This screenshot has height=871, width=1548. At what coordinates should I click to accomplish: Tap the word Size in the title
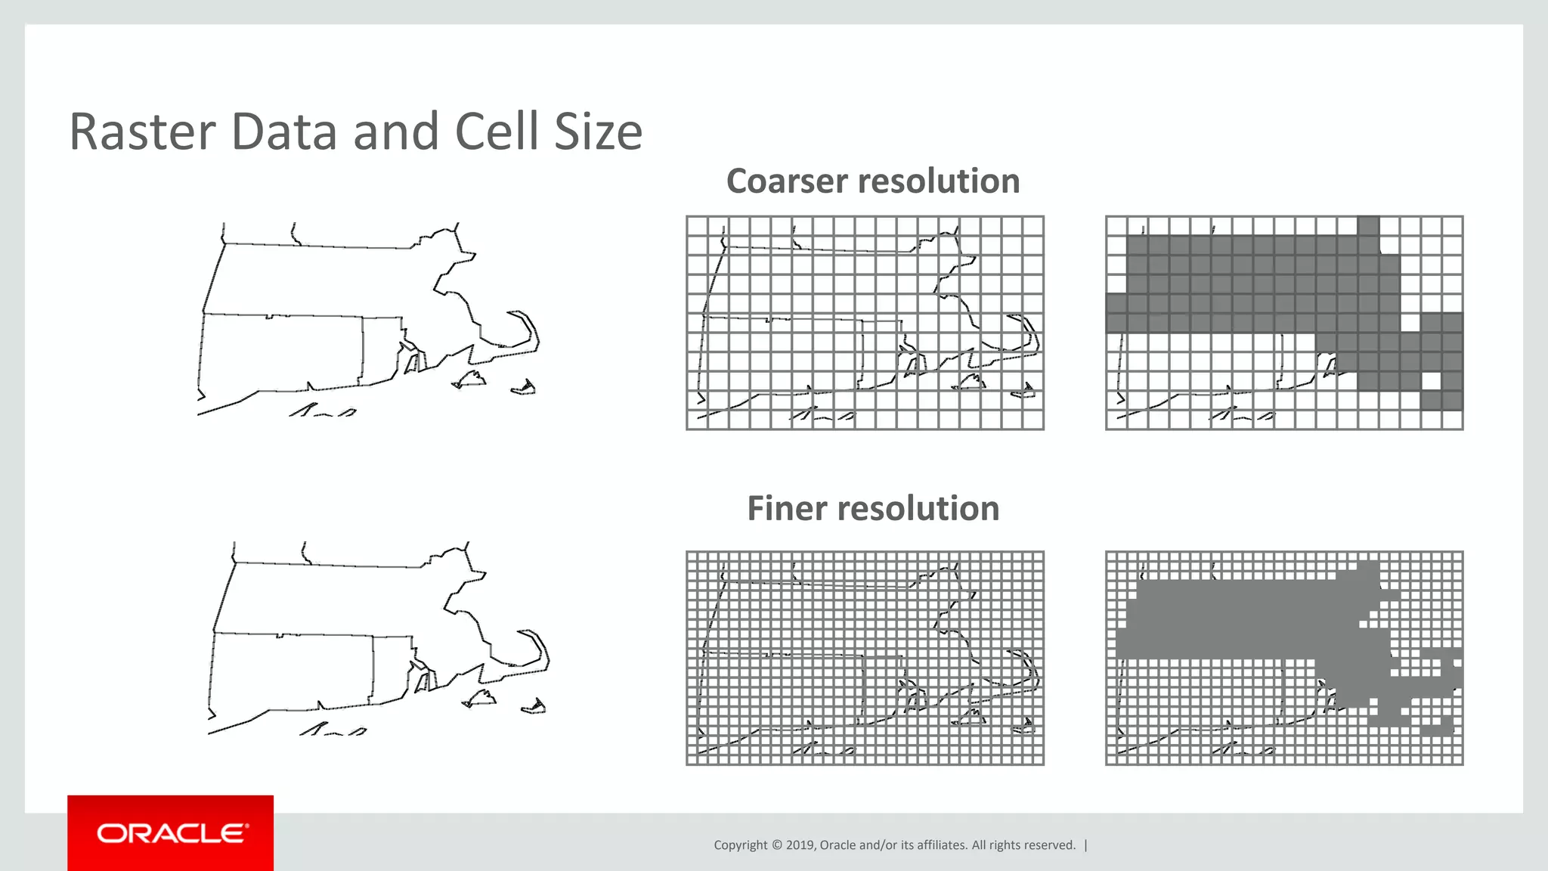[598, 132]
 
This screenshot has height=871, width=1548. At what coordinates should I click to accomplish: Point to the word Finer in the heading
[787, 509]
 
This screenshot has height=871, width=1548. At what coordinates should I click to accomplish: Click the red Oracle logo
[171, 832]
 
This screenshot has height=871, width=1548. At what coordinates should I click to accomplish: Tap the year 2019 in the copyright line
[800, 845]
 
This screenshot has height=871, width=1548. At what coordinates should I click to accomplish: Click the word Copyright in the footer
[740, 845]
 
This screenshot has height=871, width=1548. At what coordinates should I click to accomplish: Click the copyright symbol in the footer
[776, 845]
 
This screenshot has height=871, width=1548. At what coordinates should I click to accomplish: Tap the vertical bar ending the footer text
[1086, 845]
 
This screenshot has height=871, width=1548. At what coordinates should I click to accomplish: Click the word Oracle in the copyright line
[838, 845]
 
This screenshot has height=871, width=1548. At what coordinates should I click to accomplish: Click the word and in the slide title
[396, 132]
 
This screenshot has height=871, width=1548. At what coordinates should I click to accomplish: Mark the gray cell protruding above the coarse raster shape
[1368, 225]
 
